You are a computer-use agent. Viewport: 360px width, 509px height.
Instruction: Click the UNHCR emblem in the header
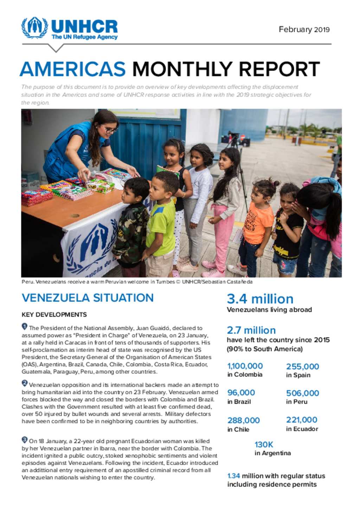tap(34, 28)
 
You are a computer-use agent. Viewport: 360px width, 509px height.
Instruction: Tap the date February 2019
tap(304, 30)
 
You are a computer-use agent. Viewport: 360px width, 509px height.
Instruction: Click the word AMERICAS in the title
tap(73, 69)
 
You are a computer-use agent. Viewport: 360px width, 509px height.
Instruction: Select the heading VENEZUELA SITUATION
tap(88, 298)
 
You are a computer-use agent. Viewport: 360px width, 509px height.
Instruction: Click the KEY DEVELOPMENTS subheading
tap(54, 315)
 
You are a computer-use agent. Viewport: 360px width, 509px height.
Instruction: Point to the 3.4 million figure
tap(260, 299)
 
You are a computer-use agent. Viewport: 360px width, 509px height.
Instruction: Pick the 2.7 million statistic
tap(251, 330)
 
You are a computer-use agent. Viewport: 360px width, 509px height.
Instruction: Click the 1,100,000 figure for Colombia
tap(245, 366)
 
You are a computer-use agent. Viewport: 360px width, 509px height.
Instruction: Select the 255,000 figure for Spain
tap(302, 366)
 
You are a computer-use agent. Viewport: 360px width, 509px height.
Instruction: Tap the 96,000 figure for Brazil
tap(241, 393)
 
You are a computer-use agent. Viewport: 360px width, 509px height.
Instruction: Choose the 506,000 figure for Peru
tap(302, 393)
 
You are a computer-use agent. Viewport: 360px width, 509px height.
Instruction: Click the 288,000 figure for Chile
tap(243, 420)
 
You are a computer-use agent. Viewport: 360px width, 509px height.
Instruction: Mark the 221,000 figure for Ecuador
tap(302, 420)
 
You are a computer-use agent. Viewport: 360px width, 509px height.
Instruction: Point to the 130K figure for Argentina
tap(264, 444)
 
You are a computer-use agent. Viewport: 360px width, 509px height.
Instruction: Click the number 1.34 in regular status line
tap(233, 476)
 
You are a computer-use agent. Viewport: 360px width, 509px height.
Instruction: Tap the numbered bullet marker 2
tap(25, 383)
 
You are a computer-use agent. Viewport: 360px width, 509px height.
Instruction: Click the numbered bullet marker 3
tap(25, 439)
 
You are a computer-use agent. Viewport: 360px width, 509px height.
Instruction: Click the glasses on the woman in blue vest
tap(110, 130)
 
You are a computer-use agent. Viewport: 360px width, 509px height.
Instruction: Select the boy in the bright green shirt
tap(161, 221)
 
